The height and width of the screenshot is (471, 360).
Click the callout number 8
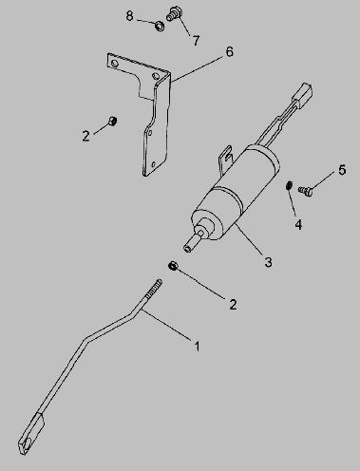pyautogui.click(x=129, y=15)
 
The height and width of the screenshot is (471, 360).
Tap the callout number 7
pyautogui.click(x=197, y=41)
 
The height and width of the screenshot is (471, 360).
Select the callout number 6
pyautogui.click(x=230, y=51)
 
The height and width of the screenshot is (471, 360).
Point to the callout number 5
pyautogui.click(x=342, y=170)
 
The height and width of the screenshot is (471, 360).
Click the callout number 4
pyautogui.click(x=298, y=224)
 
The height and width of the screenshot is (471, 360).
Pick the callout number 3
pyautogui.click(x=268, y=262)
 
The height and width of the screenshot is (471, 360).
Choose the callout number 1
pyautogui.click(x=197, y=346)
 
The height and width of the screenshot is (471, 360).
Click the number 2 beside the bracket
pyautogui.click(x=85, y=136)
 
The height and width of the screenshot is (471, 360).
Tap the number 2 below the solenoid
pyautogui.click(x=233, y=305)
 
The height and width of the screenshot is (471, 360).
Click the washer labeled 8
pyautogui.click(x=160, y=26)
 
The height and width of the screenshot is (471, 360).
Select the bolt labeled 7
pyautogui.click(x=174, y=13)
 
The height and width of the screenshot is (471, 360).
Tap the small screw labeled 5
pyautogui.click(x=306, y=191)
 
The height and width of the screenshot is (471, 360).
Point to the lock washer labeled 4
pyautogui.click(x=289, y=185)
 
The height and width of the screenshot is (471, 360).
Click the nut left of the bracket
pyautogui.click(x=113, y=121)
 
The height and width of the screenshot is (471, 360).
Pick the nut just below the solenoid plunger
pyautogui.click(x=173, y=265)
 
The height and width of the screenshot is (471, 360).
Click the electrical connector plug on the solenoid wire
pyautogui.click(x=303, y=94)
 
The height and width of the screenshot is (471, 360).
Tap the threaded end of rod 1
pyautogui.click(x=154, y=289)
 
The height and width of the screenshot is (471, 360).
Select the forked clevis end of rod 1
pyautogui.click(x=31, y=434)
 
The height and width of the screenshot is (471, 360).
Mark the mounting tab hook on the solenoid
pyautogui.click(x=226, y=156)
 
